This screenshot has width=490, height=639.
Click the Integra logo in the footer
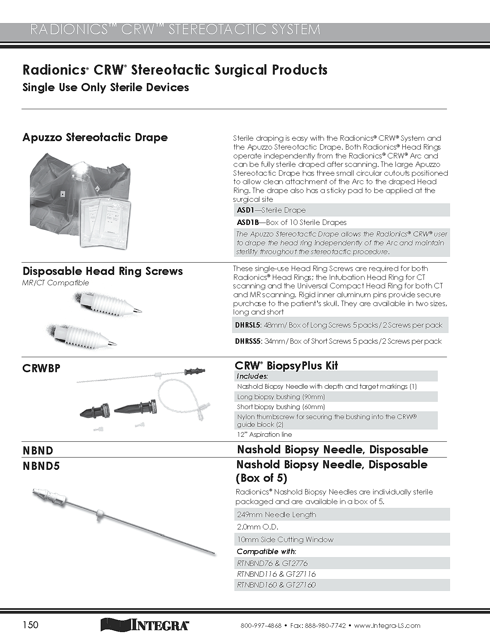(145, 624)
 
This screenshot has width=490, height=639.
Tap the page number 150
(30, 624)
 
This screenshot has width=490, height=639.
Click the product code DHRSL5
(248, 325)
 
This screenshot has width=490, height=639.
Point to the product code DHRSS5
(248, 341)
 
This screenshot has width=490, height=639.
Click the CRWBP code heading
(42, 368)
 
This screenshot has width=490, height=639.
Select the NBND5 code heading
(42, 466)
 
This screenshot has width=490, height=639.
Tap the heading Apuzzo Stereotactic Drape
(95, 137)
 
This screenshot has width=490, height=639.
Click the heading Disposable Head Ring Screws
(103, 271)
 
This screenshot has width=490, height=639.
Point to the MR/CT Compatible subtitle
(55, 283)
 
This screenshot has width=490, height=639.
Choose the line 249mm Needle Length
(277, 515)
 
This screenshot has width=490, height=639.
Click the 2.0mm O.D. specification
(257, 527)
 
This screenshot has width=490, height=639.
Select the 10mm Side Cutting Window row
(285, 539)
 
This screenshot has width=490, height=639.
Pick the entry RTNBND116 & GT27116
(276, 574)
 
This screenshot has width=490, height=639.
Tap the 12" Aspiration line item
(264, 434)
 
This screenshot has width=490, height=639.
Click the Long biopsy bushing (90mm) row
(281, 397)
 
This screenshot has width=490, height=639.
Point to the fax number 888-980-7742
(325, 626)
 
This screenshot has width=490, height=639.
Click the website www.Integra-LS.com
(387, 626)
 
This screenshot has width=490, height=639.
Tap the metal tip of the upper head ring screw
(138, 310)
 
